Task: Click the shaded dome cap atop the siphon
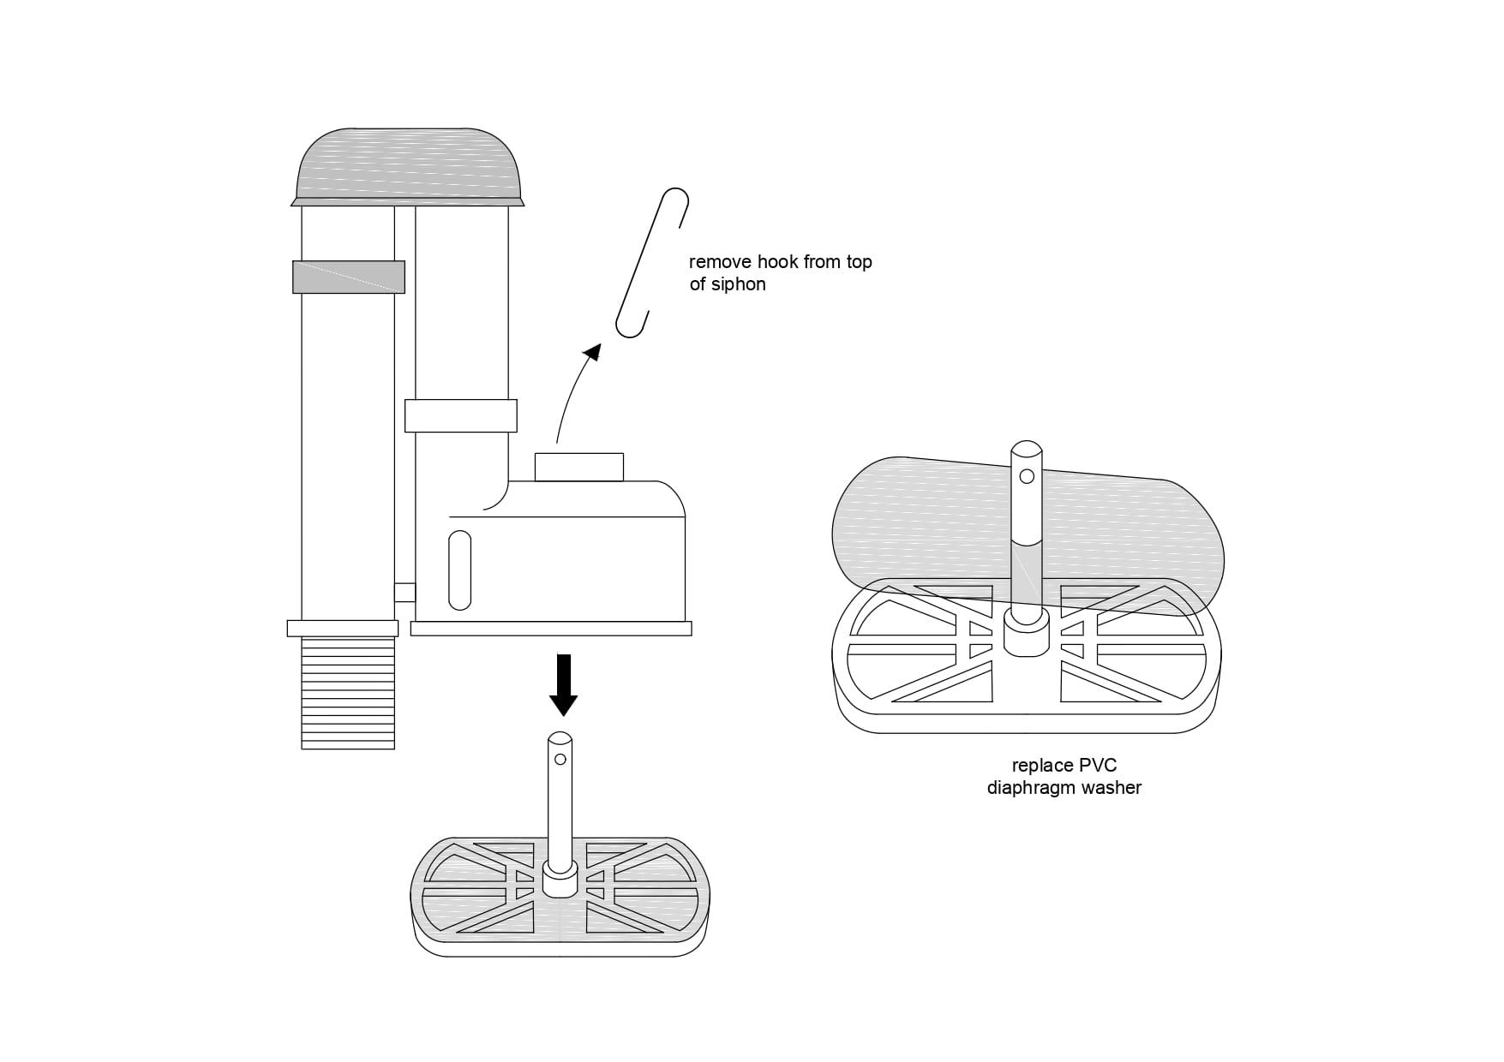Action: [x=408, y=167]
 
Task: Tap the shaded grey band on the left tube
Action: [x=348, y=277]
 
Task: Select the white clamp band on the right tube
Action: [x=461, y=415]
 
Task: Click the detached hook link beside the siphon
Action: [x=652, y=263]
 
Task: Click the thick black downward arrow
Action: [x=563, y=685]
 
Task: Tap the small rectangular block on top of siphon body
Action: [x=579, y=468]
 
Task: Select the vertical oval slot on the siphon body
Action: [x=460, y=570]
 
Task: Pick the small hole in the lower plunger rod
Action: [x=560, y=760]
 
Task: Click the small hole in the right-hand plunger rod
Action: [x=1027, y=476]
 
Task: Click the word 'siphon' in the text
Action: [x=739, y=284]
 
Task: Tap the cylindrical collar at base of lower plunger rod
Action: [x=560, y=880]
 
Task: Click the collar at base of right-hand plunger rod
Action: [x=1027, y=635]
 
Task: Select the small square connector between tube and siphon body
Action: [x=404, y=593]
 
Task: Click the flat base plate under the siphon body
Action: [x=551, y=629]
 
